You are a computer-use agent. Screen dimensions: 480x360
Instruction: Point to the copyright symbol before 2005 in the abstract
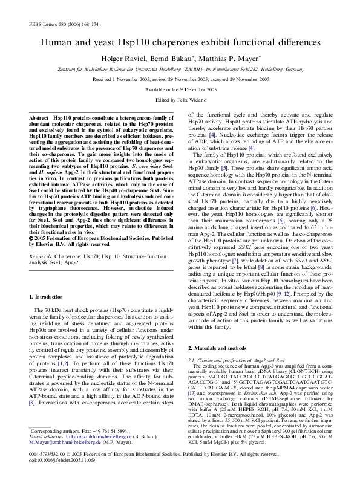31,221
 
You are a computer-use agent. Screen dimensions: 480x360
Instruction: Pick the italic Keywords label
42,239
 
